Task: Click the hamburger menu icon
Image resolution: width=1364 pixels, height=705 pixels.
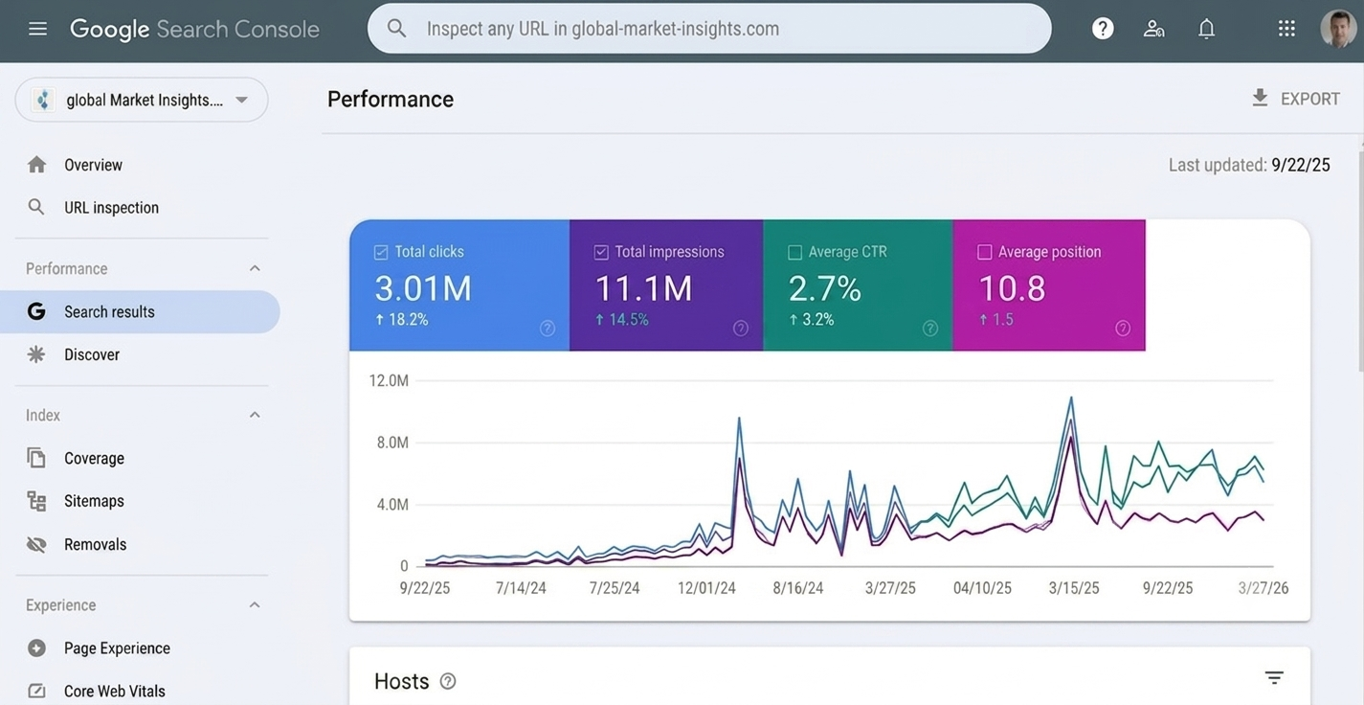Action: [x=37, y=29]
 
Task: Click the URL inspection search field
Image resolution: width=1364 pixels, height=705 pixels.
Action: [x=708, y=29]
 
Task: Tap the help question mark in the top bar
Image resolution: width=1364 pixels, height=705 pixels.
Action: [x=1102, y=29]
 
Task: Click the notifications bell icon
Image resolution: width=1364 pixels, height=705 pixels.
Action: [x=1206, y=29]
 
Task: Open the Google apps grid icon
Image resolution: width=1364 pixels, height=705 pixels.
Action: [x=1286, y=29]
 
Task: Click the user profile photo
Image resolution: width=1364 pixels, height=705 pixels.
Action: [x=1338, y=29]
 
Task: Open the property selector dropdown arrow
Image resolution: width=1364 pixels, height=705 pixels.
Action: [x=242, y=100]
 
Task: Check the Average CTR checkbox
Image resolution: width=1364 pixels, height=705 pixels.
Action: [x=794, y=252]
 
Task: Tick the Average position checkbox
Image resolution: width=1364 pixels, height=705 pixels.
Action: [x=984, y=252]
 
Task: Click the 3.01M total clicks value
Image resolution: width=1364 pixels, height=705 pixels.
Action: [x=423, y=288]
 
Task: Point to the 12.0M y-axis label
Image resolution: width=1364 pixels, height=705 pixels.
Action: [x=389, y=381]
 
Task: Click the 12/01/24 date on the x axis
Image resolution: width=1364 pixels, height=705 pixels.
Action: [x=706, y=588]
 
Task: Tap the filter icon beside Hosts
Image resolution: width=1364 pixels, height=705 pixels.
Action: [x=1274, y=677]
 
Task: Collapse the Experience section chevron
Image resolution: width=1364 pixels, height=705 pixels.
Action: [x=255, y=605]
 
